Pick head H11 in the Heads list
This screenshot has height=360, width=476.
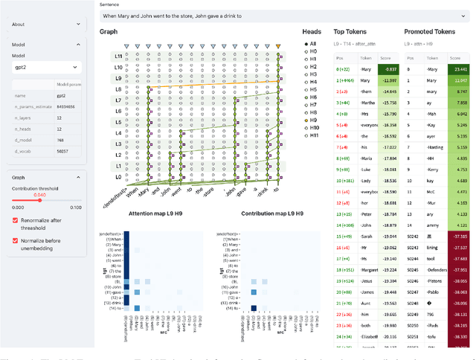coord(306,135)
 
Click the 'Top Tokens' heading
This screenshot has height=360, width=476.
coord(350,32)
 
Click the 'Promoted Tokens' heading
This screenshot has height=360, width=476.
coord(430,32)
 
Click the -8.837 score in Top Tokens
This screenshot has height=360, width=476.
coord(387,69)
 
